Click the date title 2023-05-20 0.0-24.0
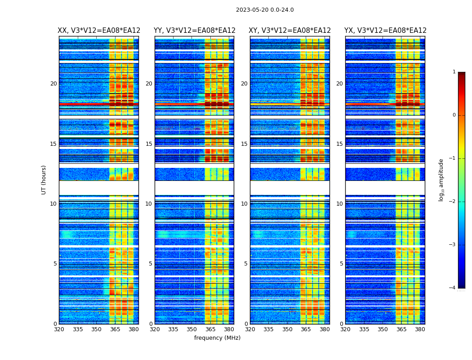[x=265, y=10]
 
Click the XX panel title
[x=99, y=31]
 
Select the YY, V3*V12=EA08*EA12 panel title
[x=194, y=31]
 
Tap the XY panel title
[x=290, y=31]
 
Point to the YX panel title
[x=385, y=31]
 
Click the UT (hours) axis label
[x=44, y=180]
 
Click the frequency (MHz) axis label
[x=217, y=338]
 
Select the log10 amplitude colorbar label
[x=441, y=180]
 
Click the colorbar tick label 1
[x=454, y=72]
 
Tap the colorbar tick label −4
[x=453, y=288]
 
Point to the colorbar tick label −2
[x=453, y=202]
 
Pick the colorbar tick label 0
[x=454, y=115]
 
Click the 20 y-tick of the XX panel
[x=53, y=84]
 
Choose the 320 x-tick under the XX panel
[x=59, y=329]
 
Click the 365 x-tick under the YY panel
[x=210, y=329]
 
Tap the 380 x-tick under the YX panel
[x=420, y=329]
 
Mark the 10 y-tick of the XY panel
[x=244, y=204]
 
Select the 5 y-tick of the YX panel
[x=341, y=264]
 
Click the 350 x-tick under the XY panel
[x=287, y=329]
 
